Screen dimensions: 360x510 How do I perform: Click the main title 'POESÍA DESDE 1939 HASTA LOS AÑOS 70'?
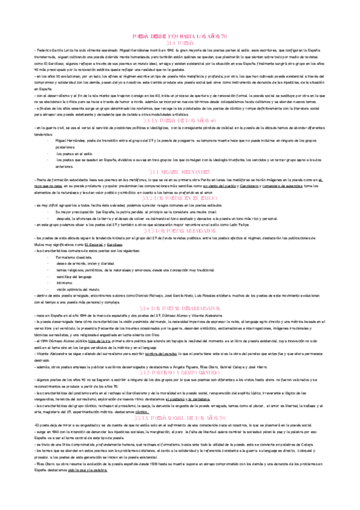tap(180, 36)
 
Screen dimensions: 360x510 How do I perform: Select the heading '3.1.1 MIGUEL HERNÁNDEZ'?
tap(180, 172)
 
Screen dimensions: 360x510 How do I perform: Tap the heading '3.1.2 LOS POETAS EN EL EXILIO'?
tap(180, 198)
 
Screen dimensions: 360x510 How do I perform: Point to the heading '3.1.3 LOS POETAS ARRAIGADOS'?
tap(180, 231)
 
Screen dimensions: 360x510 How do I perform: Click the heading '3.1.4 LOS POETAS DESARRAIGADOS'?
tap(180, 308)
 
